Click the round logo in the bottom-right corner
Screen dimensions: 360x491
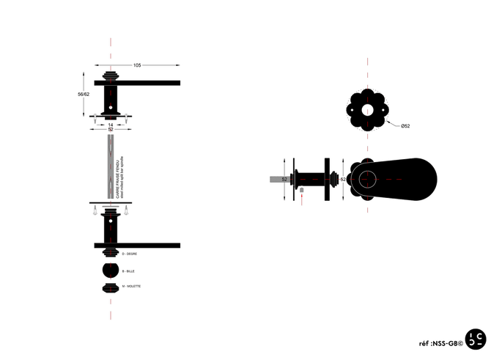click(474, 339)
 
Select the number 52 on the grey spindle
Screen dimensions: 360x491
click(281, 179)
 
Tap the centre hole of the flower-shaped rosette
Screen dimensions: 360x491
click(367, 110)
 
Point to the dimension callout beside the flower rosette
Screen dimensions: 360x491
click(405, 127)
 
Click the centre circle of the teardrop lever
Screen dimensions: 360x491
click(367, 178)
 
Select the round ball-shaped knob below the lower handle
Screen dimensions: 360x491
click(110, 271)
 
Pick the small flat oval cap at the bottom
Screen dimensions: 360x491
click(110, 286)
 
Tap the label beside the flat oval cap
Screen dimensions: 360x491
click(133, 285)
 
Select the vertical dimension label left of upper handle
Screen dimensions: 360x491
click(83, 94)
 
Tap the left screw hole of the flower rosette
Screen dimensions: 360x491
click(353, 110)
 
